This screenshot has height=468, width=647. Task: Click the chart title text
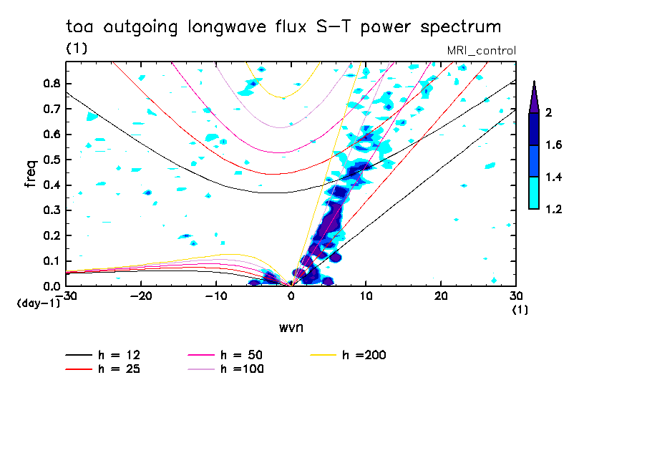point(283,27)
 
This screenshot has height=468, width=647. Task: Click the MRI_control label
point(481,50)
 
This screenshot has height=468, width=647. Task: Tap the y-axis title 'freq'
point(31,174)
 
